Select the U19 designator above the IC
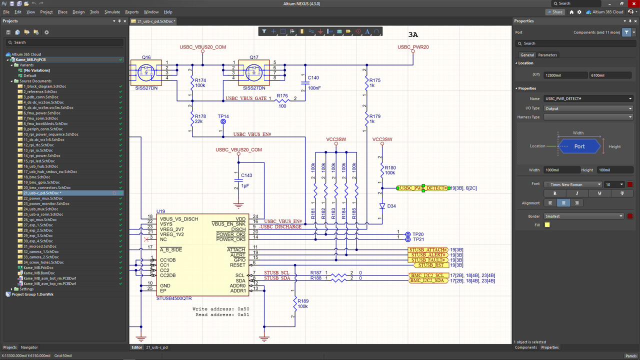[160, 211]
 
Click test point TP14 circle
[223, 122]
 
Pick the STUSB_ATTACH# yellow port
[428, 249]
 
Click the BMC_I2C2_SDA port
[428, 280]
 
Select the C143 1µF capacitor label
[246, 175]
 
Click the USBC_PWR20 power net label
[413, 47]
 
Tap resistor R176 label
[282, 95]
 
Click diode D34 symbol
[382, 206]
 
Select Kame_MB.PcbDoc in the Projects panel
[38, 267]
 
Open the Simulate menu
[112, 12]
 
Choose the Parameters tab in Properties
[547, 55]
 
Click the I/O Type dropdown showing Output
[588, 108]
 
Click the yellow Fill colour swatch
[547, 225]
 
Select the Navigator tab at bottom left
[29, 347]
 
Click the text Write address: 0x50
[220, 309]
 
